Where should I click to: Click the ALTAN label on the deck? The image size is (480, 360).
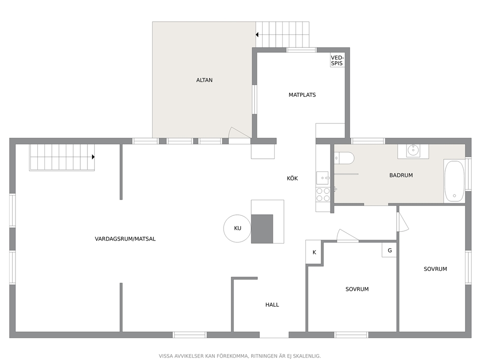coord(204,80)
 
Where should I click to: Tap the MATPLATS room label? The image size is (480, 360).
coord(302,95)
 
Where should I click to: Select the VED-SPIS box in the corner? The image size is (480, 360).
coord(337,60)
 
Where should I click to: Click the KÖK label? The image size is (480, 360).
coord(292,178)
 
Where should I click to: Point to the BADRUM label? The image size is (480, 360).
coord(401,176)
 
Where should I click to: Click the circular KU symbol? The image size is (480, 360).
coord(237,228)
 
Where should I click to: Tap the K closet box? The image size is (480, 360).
coord(314,252)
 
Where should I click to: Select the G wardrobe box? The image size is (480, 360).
coord(390,250)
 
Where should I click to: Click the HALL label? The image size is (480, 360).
coord(272,304)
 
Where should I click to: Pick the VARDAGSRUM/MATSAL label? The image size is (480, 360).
coord(125,239)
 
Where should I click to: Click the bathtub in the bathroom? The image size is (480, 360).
coord(454,181)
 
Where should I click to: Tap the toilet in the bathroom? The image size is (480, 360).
coord(345,158)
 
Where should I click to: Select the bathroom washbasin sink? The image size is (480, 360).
coord(413,150)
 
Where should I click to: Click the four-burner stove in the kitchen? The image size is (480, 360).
coord(323,195)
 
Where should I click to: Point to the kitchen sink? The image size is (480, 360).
coord(323,178)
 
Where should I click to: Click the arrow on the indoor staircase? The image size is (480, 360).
coord(93,157)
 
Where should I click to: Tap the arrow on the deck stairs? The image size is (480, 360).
coord(257,34)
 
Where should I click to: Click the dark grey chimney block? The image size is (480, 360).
coord(262,229)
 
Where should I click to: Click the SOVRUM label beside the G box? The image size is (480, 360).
coord(357,289)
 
